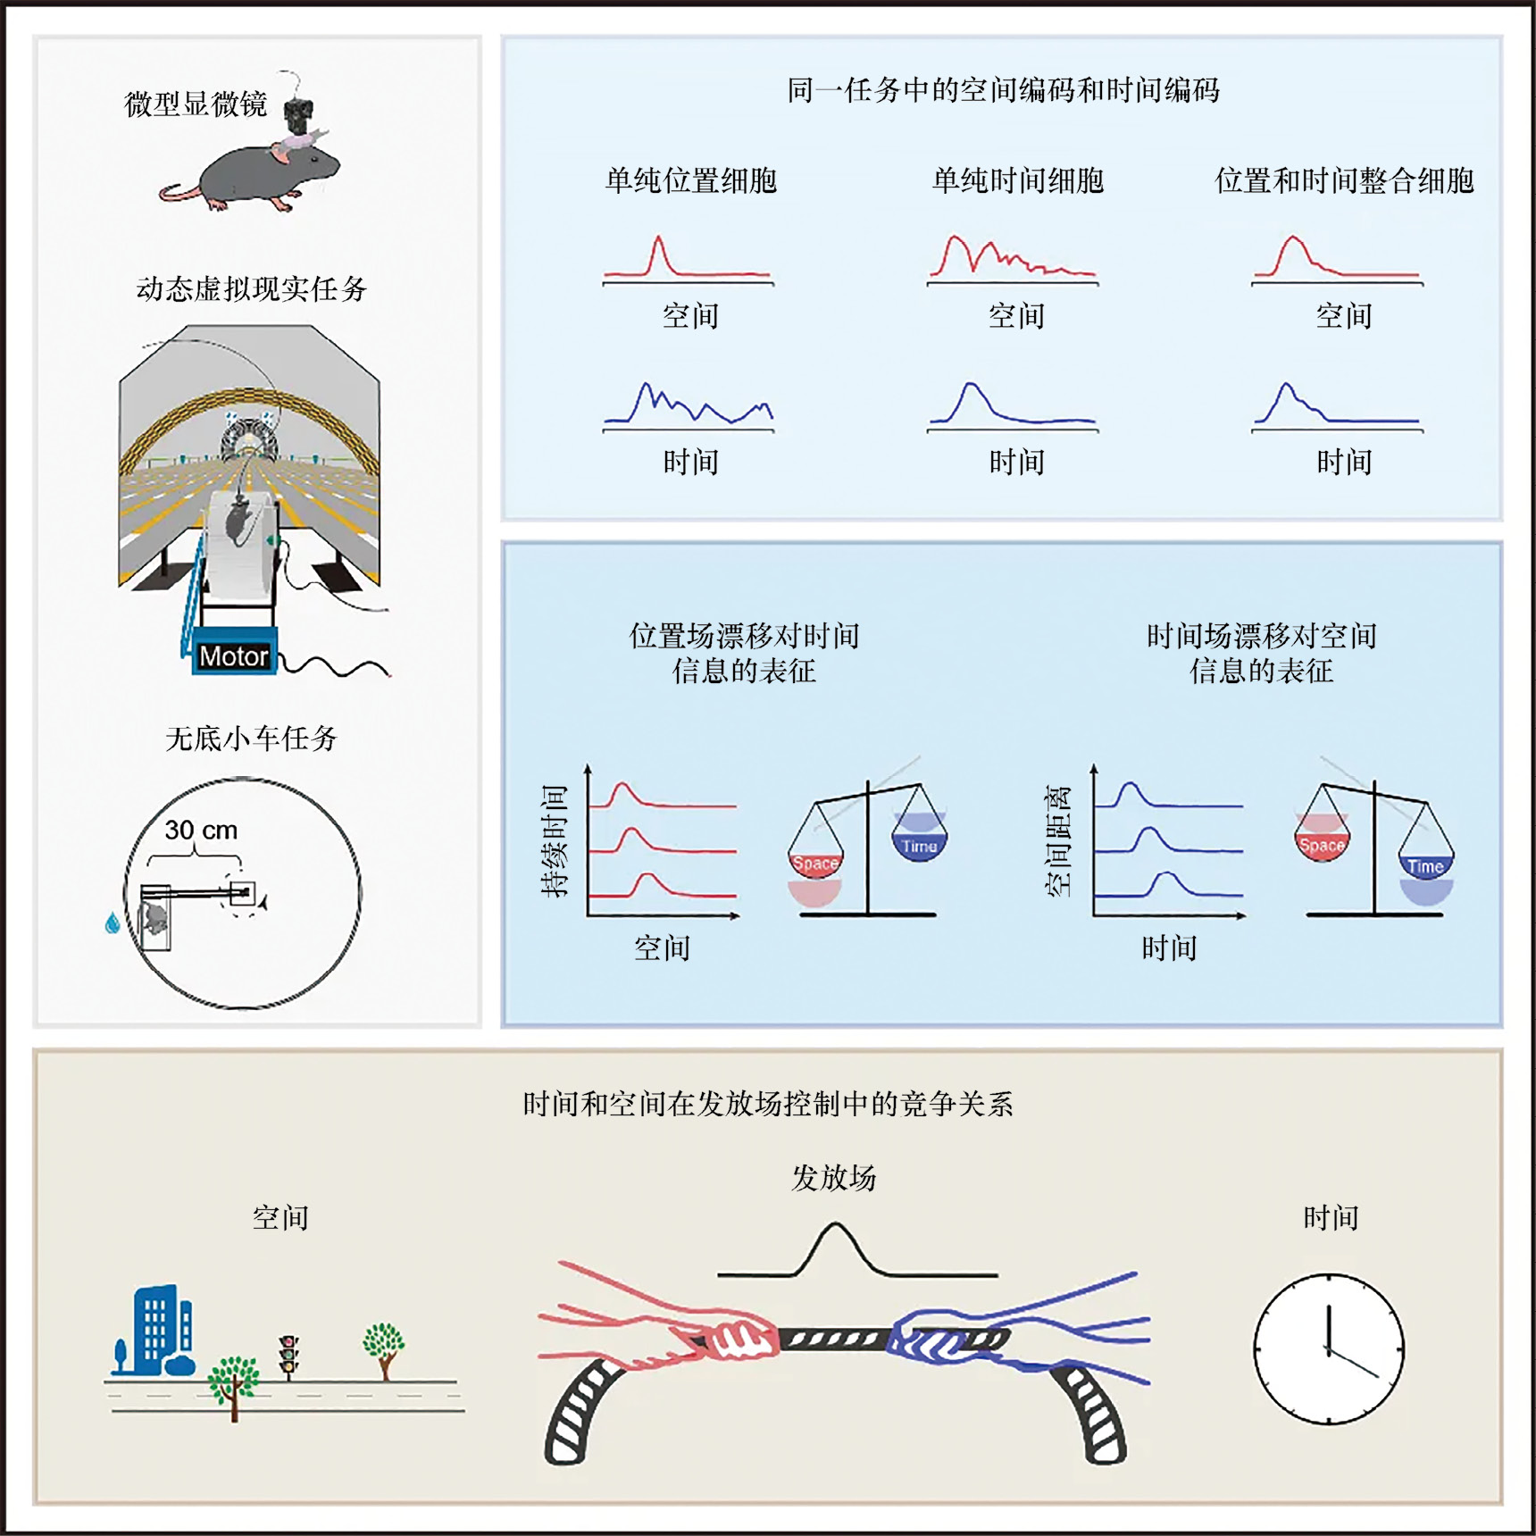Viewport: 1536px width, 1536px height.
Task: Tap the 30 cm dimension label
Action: [201, 830]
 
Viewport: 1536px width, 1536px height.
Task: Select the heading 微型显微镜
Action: [196, 104]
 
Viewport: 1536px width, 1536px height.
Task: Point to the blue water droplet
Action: [113, 922]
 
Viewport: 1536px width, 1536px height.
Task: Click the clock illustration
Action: [1329, 1348]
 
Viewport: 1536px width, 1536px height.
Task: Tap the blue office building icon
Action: [156, 1331]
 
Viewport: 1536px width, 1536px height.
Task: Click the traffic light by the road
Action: [288, 1355]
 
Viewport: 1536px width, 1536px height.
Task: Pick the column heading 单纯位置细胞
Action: [691, 180]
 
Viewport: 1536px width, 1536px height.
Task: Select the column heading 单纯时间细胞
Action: [1018, 180]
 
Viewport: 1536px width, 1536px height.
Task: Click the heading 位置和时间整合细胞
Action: [1344, 180]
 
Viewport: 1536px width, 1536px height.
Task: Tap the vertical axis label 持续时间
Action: [555, 840]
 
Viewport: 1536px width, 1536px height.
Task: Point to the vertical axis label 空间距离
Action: [1058, 840]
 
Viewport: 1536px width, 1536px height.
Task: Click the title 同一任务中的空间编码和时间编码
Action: [1003, 90]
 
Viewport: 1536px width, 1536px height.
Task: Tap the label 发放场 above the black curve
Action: [833, 1178]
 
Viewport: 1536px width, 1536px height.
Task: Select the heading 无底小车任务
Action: [251, 739]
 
